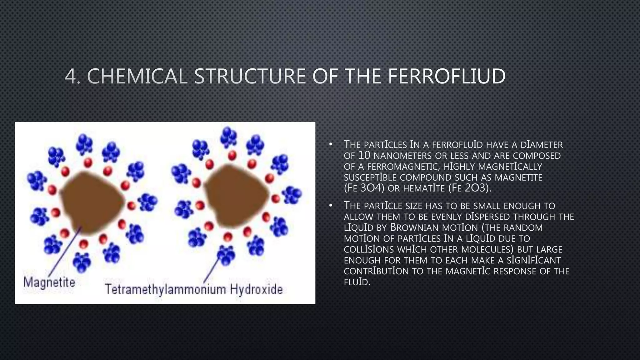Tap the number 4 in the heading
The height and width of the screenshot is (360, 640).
pyautogui.click(x=70, y=76)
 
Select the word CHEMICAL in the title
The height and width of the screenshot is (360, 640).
pyautogui.click(x=137, y=76)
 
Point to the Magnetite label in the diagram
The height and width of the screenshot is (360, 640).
pyautogui.click(x=49, y=282)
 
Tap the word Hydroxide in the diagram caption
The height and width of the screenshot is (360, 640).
pyautogui.click(x=256, y=289)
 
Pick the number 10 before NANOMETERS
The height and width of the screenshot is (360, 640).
pyautogui.click(x=364, y=155)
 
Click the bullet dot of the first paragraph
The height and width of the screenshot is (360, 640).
pyautogui.click(x=330, y=145)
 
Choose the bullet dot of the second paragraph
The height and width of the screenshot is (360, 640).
pyautogui.click(x=330, y=206)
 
